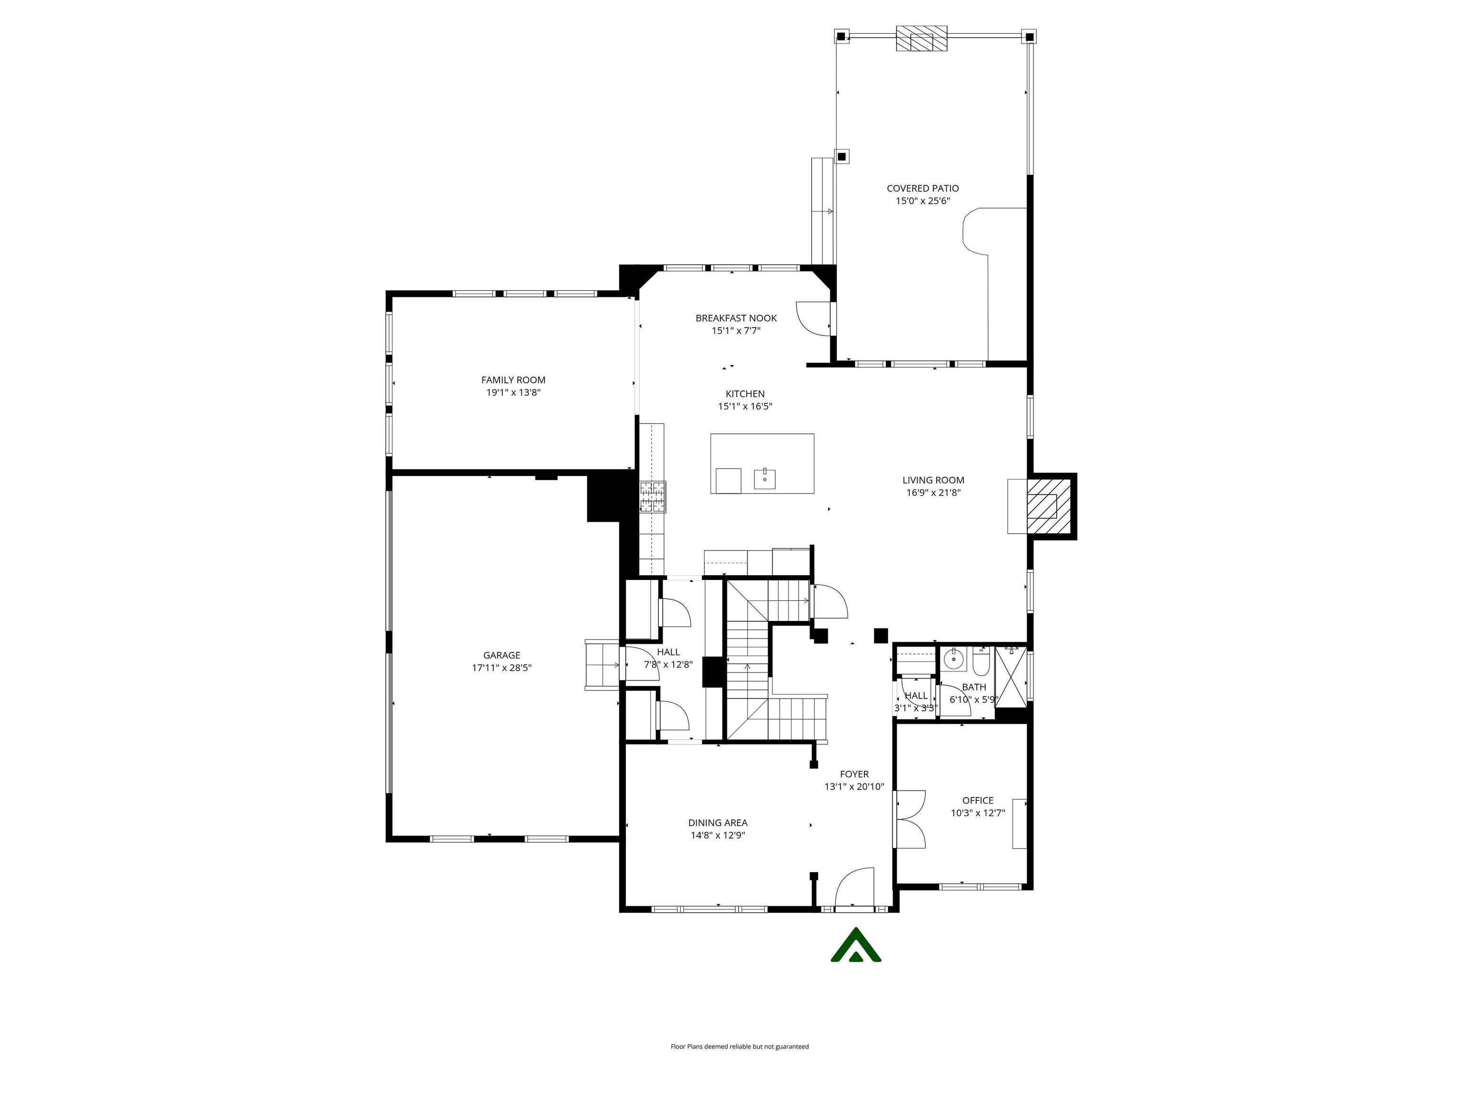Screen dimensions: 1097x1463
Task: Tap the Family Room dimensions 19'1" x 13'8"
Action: [513, 392]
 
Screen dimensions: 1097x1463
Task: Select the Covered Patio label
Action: [922, 189]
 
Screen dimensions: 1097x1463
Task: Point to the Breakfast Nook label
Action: [735, 318]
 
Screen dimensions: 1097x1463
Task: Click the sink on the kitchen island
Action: [764, 478]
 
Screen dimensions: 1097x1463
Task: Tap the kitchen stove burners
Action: [652, 497]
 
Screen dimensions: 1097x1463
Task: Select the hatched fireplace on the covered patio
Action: [922, 39]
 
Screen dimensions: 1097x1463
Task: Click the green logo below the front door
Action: [856, 946]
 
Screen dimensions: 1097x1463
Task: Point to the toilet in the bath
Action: [981, 661]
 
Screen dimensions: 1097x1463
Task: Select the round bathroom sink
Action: [952, 658]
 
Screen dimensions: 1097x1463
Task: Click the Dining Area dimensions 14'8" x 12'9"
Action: [718, 835]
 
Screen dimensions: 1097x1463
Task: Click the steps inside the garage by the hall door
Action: [601, 665]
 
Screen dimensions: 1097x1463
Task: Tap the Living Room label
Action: [932, 480]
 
